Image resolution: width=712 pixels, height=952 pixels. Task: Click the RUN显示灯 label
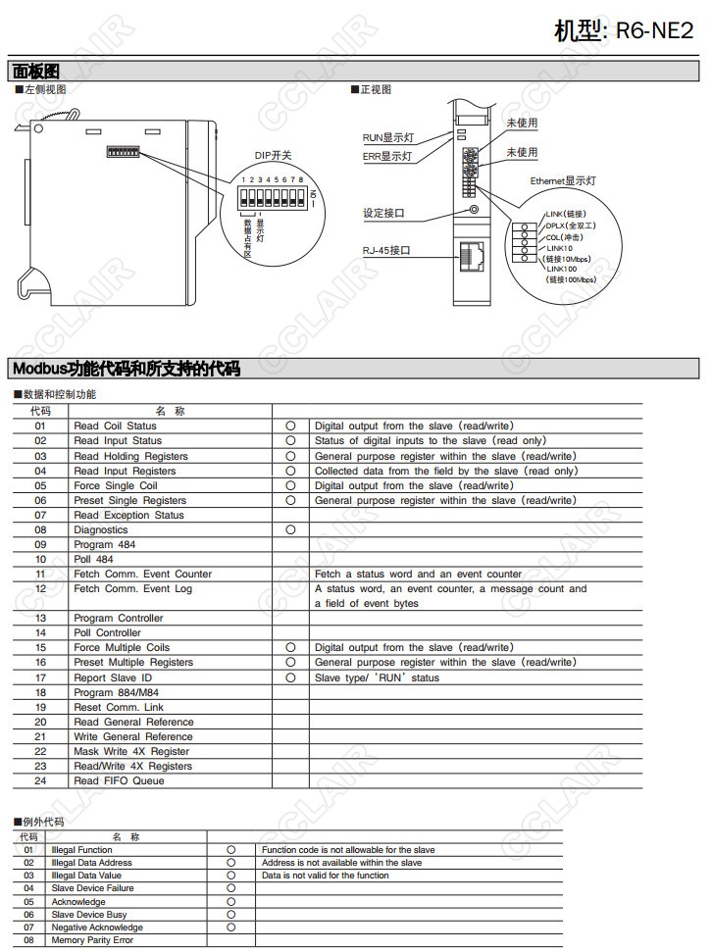tap(385, 137)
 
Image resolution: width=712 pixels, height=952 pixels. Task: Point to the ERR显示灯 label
tap(386, 156)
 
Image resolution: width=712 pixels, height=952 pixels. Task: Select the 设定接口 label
tap(383, 213)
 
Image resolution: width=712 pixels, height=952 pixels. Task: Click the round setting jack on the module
tap(474, 209)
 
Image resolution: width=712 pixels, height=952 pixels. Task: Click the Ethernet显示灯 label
tap(563, 180)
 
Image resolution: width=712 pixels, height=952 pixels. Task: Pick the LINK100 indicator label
tap(562, 269)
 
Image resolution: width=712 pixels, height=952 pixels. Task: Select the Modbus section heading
tap(126, 369)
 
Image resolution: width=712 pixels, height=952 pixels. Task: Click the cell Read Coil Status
tap(115, 426)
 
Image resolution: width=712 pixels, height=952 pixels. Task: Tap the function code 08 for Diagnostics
tap(40, 530)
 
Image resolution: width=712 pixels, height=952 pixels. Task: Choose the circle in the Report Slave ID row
tap(290, 677)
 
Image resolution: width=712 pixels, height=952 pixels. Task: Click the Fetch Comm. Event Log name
tap(132, 589)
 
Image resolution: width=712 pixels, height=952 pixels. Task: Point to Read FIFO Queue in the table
tap(119, 781)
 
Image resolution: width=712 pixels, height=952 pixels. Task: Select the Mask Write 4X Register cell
tap(131, 752)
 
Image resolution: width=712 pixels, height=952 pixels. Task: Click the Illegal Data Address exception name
tap(91, 863)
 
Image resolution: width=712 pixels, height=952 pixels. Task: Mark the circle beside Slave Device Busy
tap(231, 915)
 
